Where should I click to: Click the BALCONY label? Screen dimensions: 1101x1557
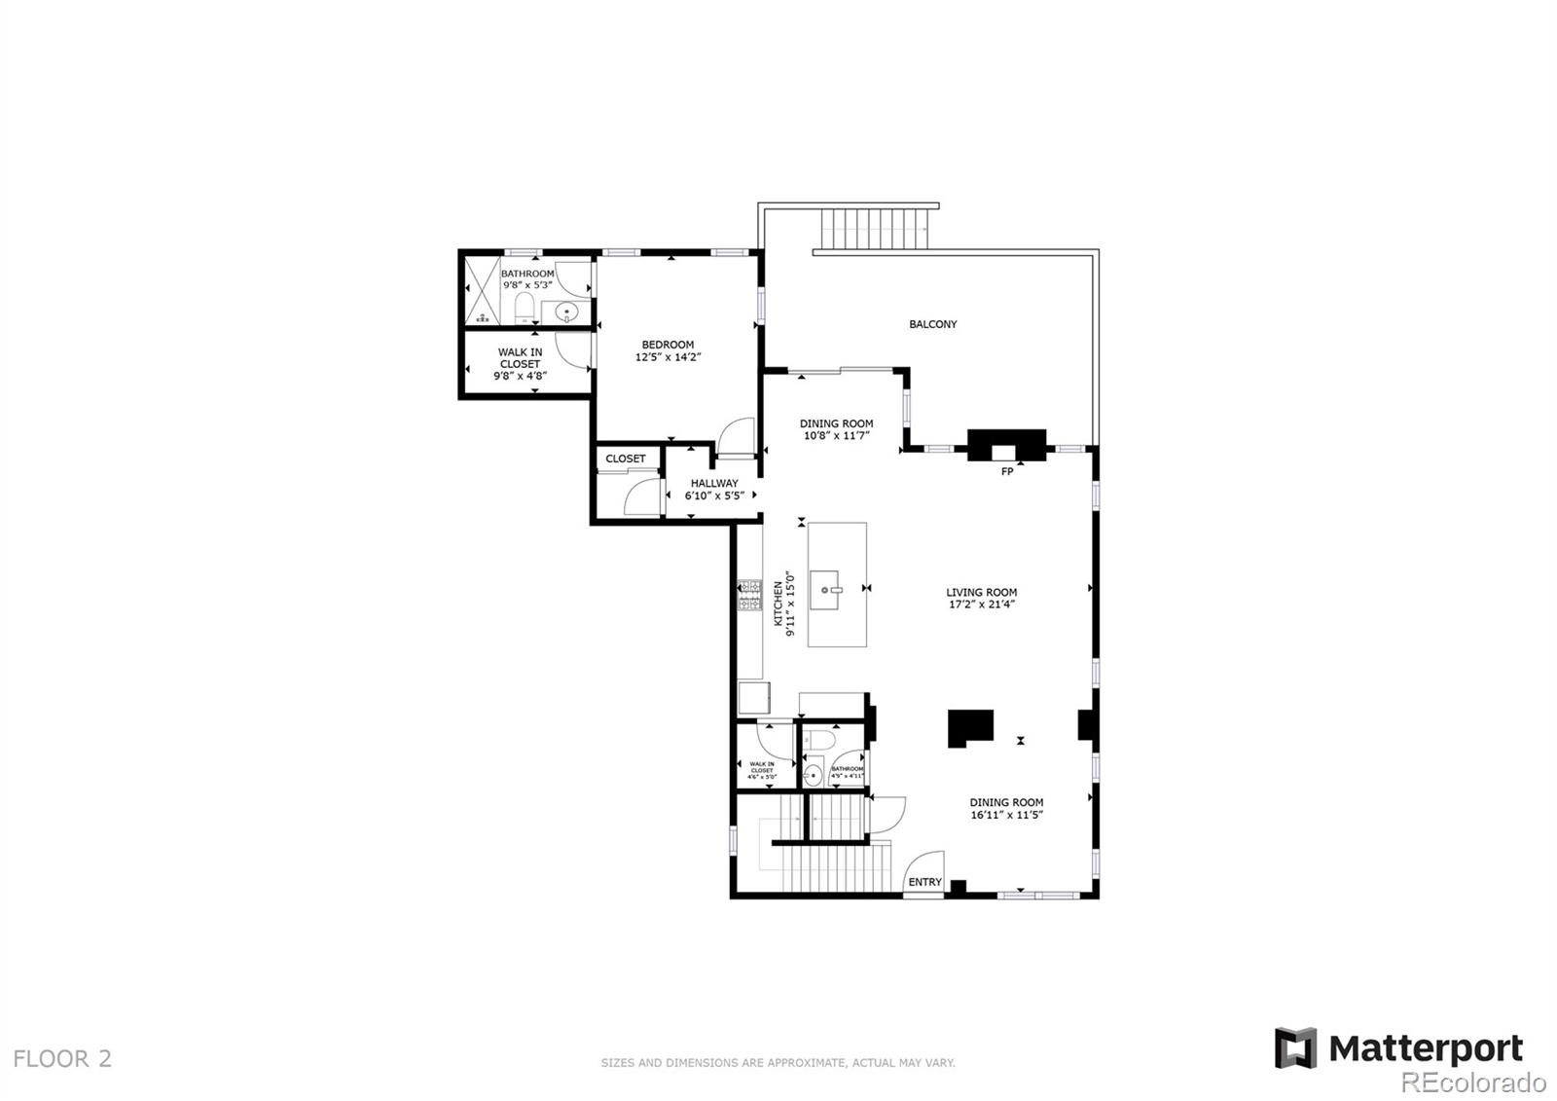click(932, 324)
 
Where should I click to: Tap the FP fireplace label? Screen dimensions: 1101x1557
click(1006, 472)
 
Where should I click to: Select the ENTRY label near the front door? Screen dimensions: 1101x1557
click(924, 882)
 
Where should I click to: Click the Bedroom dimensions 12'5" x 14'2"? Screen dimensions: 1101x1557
click(668, 357)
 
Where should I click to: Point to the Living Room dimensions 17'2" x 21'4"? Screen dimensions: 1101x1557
click(982, 605)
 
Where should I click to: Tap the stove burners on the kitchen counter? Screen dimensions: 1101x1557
click(749, 596)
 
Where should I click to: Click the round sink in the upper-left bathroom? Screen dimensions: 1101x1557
click(565, 312)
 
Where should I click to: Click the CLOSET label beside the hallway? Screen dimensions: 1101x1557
click(625, 459)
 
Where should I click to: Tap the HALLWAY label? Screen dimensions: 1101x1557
click(714, 483)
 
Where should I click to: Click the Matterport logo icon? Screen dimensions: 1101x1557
click(1295, 1047)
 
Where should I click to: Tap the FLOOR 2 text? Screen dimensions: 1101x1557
click(62, 1058)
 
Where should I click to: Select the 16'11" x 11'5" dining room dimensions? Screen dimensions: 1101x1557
click(1006, 816)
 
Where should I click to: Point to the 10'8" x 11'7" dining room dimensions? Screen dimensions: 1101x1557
click(836, 436)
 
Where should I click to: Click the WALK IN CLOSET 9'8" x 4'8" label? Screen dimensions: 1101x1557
click(521, 363)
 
